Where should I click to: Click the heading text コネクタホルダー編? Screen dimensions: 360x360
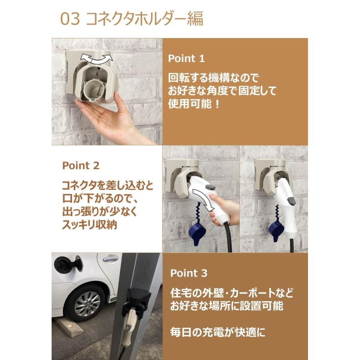click(145, 19)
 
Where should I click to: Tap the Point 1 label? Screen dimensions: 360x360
click(186, 58)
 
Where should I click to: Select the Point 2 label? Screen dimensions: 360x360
click(81, 165)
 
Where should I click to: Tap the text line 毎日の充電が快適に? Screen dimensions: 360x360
click(218, 332)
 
